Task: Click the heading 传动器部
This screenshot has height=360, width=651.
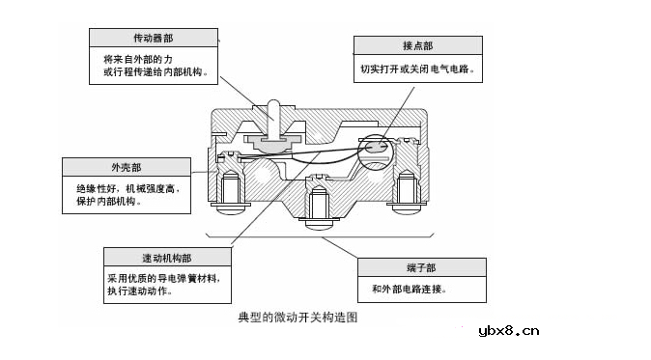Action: tap(153, 39)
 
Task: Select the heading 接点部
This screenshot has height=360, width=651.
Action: tap(417, 45)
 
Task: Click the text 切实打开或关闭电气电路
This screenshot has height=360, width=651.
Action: tap(417, 69)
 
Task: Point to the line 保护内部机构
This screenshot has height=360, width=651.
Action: tap(108, 204)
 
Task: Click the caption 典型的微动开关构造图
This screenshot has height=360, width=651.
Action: tap(297, 318)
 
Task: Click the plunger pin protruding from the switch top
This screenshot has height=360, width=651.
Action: tap(273, 114)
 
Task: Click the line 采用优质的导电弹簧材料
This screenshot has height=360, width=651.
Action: tap(169, 277)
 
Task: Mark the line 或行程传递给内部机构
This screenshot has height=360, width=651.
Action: tap(152, 73)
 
